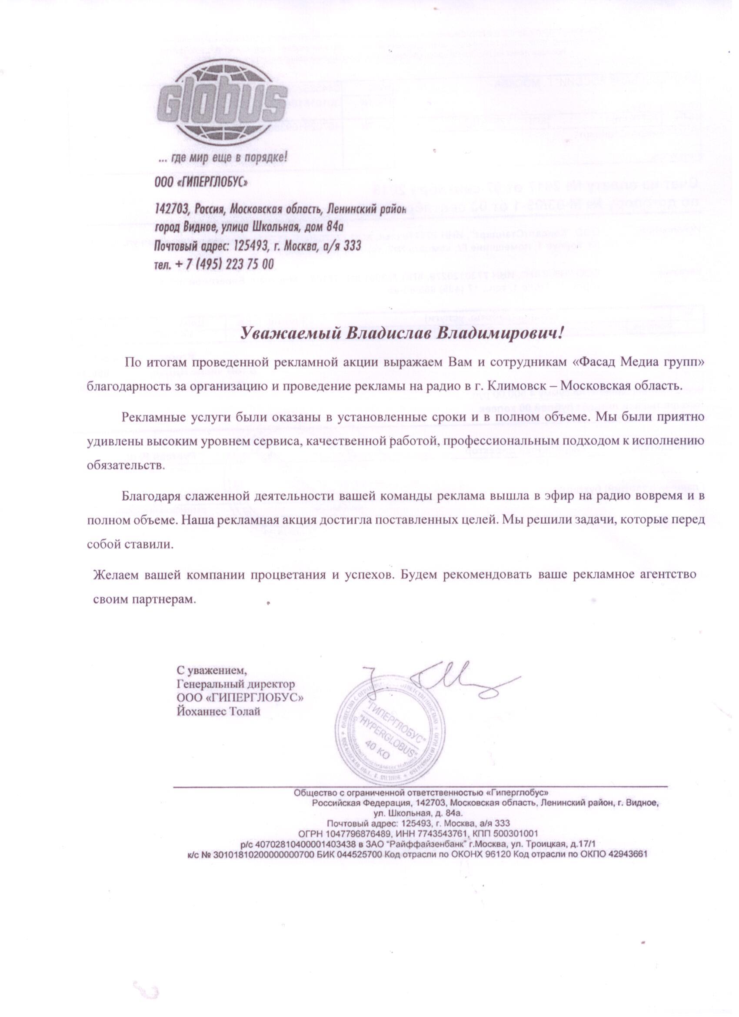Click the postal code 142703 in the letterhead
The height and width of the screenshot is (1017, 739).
pyautogui.click(x=172, y=209)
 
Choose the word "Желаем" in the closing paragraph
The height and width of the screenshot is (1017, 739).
pyautogui.click(x=115, y=575)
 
